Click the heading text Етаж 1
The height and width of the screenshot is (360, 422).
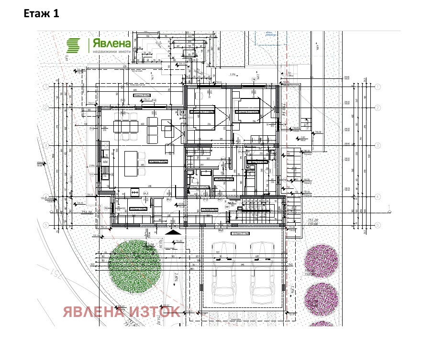tap(41, 14)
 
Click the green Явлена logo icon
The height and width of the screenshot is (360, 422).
tap(74, 45)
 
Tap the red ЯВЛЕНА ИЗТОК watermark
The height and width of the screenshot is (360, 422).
tap(122, 312)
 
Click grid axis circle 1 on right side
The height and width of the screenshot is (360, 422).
tap(378, 87)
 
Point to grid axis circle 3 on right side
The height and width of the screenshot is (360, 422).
tap(378, 145)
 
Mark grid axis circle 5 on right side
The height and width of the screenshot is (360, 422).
tap(378, 225)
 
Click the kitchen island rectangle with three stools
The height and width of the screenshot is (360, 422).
tap(130, 164)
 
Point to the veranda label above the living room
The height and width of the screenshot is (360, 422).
tap(142, 96)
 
